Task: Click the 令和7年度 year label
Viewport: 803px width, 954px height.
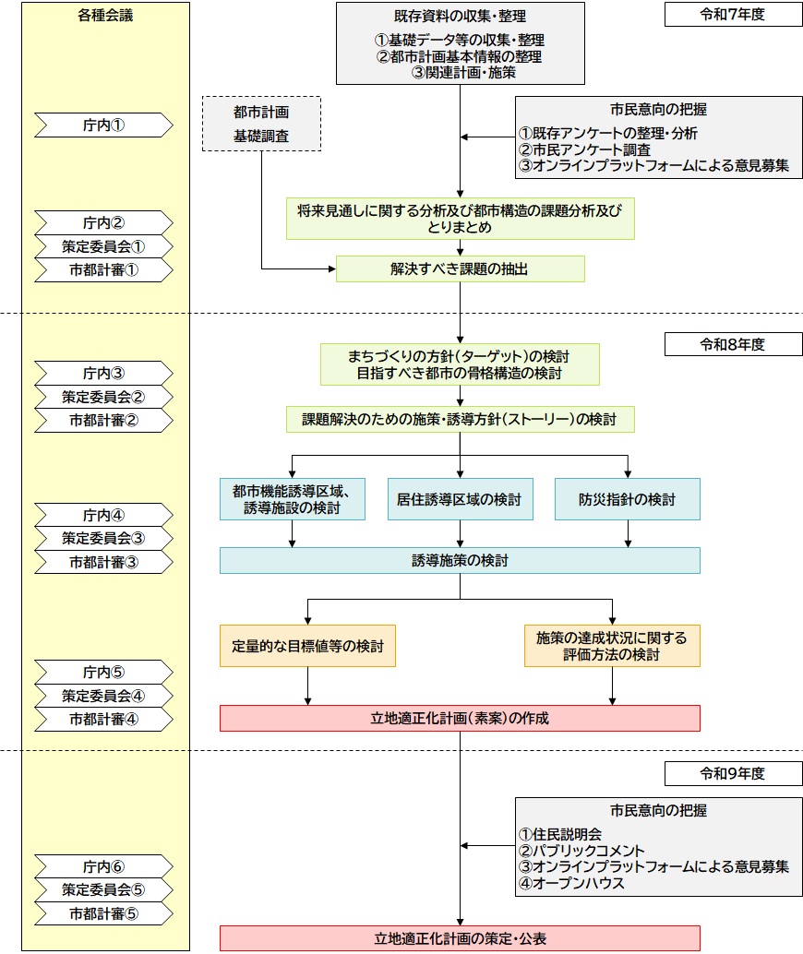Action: [x=732, y=15]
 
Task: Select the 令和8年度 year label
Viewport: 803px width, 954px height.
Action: [x=732, y=344]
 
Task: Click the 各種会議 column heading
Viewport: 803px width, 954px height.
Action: [x=105, y=15]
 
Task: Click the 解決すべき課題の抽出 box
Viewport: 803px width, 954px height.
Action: [x=460, y=269]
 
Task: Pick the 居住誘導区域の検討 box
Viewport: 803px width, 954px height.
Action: [x=460, y=499]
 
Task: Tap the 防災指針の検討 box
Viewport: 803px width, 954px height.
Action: [x=627, y=499]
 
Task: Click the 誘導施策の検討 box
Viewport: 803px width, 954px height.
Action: [x=460, y=560]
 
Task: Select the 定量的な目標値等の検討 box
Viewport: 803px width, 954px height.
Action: [x=307, y=646]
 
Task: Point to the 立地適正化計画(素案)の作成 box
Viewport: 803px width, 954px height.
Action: [x=460, y=718]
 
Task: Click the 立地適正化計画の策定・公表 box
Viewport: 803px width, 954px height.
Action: [x=460, y=938]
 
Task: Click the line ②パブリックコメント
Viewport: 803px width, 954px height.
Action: [x=581, y=850]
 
